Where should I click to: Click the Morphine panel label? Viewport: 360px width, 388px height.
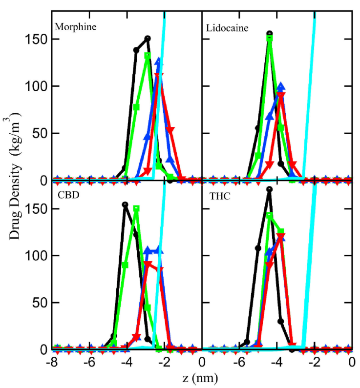[75, 26]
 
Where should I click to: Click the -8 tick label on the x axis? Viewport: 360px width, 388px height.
[51, 363]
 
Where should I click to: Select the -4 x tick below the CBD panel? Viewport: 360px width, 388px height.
[126, 363]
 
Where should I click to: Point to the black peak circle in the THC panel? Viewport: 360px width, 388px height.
[269, 189]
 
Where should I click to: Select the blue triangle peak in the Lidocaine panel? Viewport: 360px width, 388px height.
[280, 86]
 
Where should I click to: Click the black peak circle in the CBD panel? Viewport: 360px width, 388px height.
[125, 205]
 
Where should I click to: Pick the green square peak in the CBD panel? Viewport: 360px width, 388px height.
[136, 209]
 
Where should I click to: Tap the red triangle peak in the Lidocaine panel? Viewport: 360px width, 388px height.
[281, 96]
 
